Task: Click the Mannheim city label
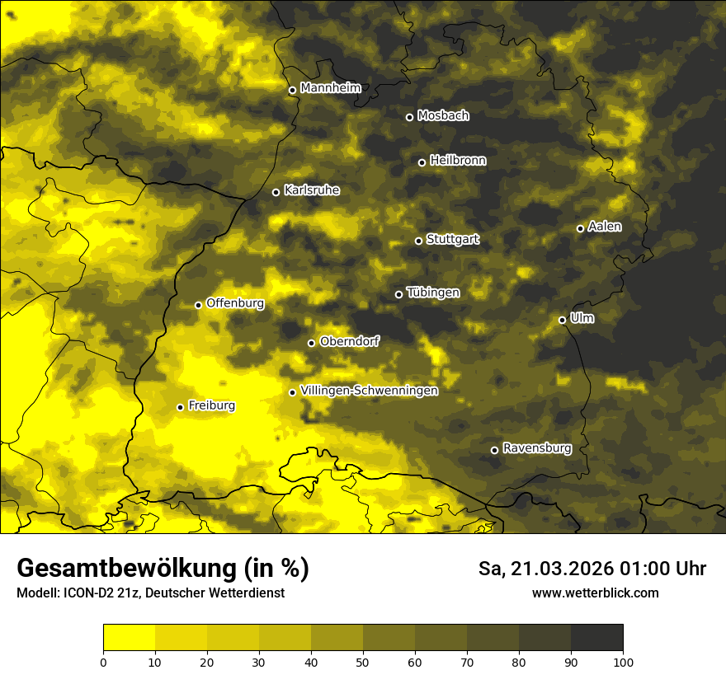click(331, 88)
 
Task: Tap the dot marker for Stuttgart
click(418, 241)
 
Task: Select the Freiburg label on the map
click(211, 405)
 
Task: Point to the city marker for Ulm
click(562, 320)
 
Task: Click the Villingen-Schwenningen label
click(369, 391)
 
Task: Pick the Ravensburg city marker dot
click(494, 450)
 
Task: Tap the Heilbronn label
click(458, 161)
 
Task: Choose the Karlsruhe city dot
click(276, 193)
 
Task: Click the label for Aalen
click(605, 227)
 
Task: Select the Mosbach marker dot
click(409, 117)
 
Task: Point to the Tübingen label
click(433, 293)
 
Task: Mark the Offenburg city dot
click(198, 305)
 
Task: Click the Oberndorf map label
click(350, 341)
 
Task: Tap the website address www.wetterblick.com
click(595, 593)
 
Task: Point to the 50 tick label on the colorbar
click(363, 662)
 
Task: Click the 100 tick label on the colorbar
click(623, 662)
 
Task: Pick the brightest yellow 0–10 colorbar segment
click(129, 638)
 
